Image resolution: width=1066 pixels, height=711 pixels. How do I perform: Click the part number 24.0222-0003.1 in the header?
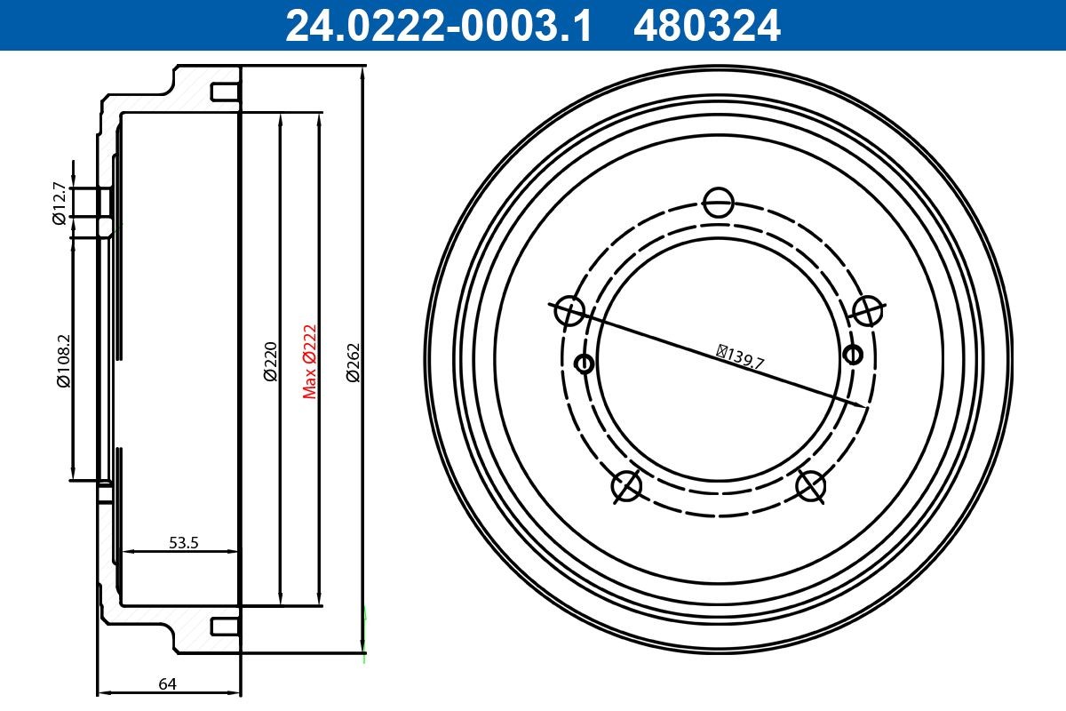coord(437,25)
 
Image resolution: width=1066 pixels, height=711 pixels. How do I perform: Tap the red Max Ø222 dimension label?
coord(310,361)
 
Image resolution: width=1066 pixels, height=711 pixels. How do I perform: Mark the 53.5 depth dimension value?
coord(183,542)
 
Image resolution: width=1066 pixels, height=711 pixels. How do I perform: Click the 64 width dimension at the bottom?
coord(166,683)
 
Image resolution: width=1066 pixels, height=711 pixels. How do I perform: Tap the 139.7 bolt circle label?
coord(741,356)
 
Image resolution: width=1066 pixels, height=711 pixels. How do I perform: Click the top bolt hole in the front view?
coord(718,202)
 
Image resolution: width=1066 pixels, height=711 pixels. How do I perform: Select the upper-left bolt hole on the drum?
coord(570,311)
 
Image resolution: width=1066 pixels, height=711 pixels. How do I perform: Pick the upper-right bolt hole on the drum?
coord(866,310)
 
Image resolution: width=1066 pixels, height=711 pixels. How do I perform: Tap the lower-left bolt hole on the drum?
coord(627,486)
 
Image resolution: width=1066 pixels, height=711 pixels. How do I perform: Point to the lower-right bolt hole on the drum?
coord(811,485)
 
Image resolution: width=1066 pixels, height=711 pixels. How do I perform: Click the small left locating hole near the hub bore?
coord(585,363)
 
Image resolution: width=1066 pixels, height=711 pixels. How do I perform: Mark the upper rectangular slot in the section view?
coord(224,92)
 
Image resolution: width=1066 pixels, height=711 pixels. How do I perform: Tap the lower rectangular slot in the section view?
coord(224,627)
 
